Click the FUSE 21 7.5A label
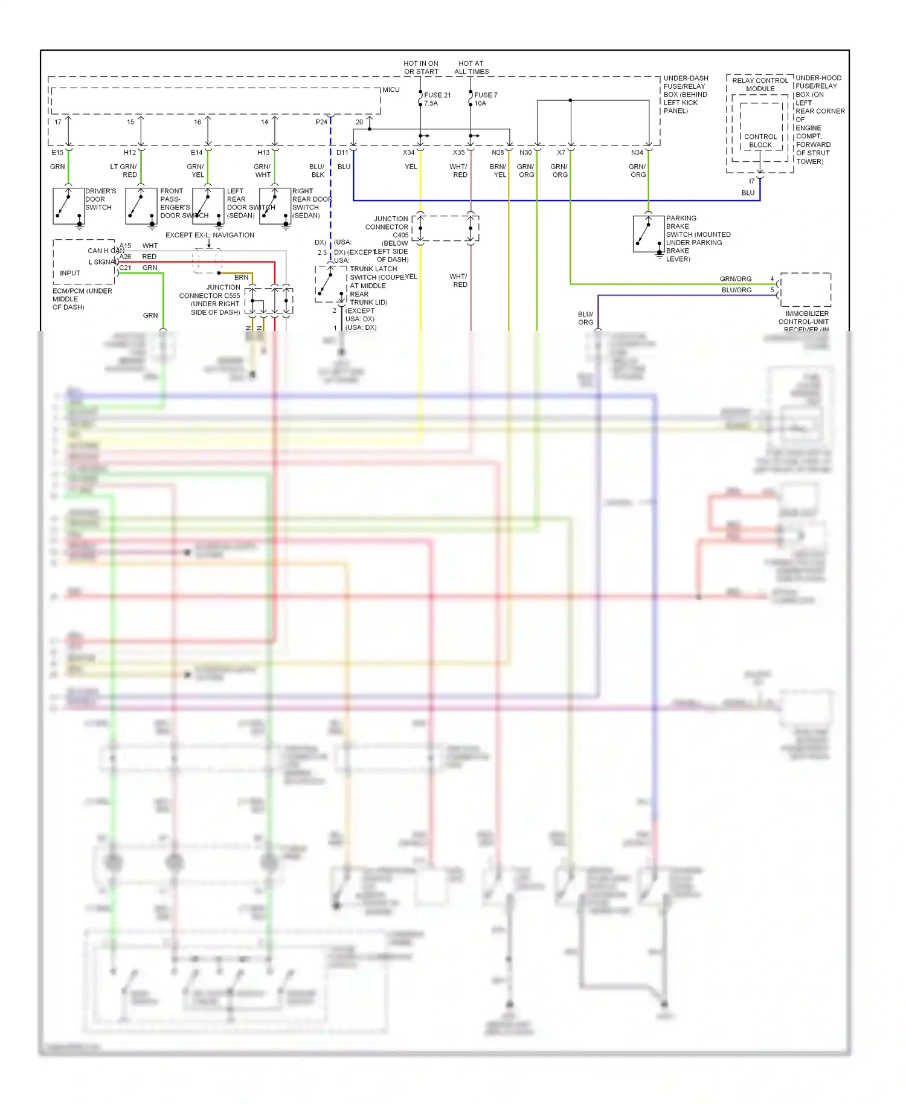(x=437, y=99)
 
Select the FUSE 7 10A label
(x=485, y=99)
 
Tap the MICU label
(x=391, y=90)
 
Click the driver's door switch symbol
(x=68, y=206)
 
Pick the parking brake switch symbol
(x=648, y=233)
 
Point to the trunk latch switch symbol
(x=330, y=283)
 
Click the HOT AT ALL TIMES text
(x=471, y=67)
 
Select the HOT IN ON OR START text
(x=421, y=67)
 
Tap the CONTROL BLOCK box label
(x=760, y=141)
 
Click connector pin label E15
(x=57, y=153)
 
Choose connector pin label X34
(x=409, y=153)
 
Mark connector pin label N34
(x=637, y=153)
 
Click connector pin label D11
(x=342, y=153)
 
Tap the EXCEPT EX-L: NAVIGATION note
(x=210, y=235)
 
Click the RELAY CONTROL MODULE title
(x=760, y=85)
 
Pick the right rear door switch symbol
(x=275, y=206)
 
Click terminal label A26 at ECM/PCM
(x=125, y=257)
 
